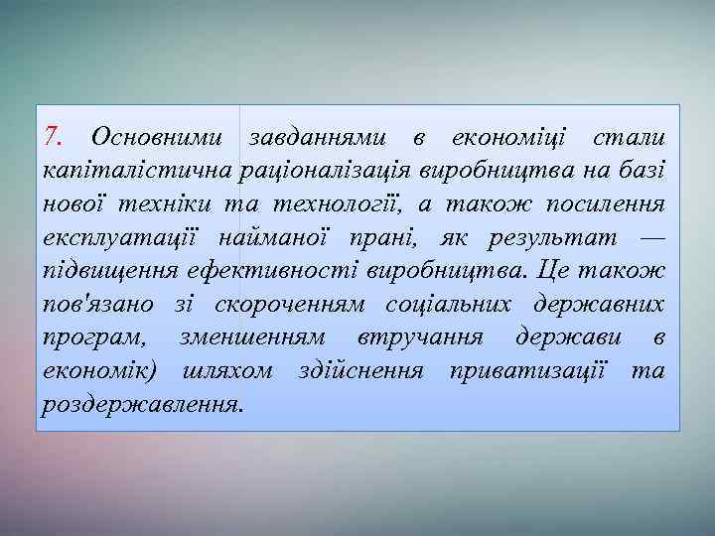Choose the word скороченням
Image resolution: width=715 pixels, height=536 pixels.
tap(283, 304)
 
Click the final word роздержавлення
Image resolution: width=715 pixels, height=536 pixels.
tap(142, 405)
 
